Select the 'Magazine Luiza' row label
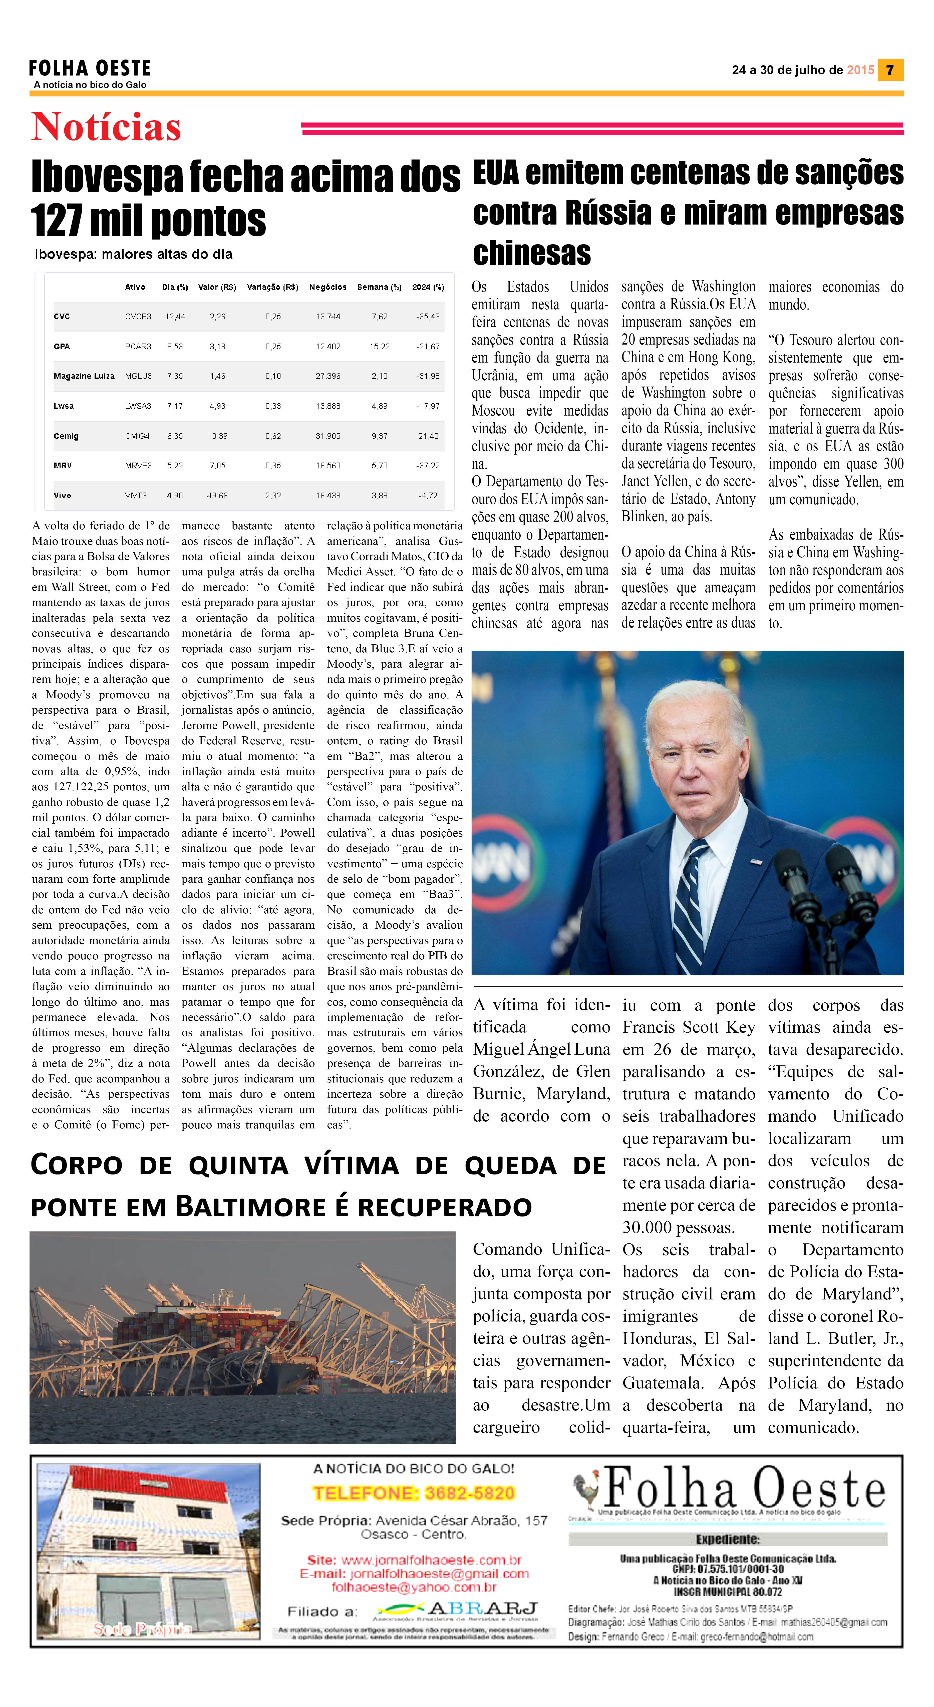point(84,376)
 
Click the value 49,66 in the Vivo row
point(217,496)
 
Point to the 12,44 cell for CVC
point(175,317)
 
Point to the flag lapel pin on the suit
point(756,861)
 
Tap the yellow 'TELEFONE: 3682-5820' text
point(414,1493)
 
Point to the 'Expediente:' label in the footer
point(727,1539)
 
